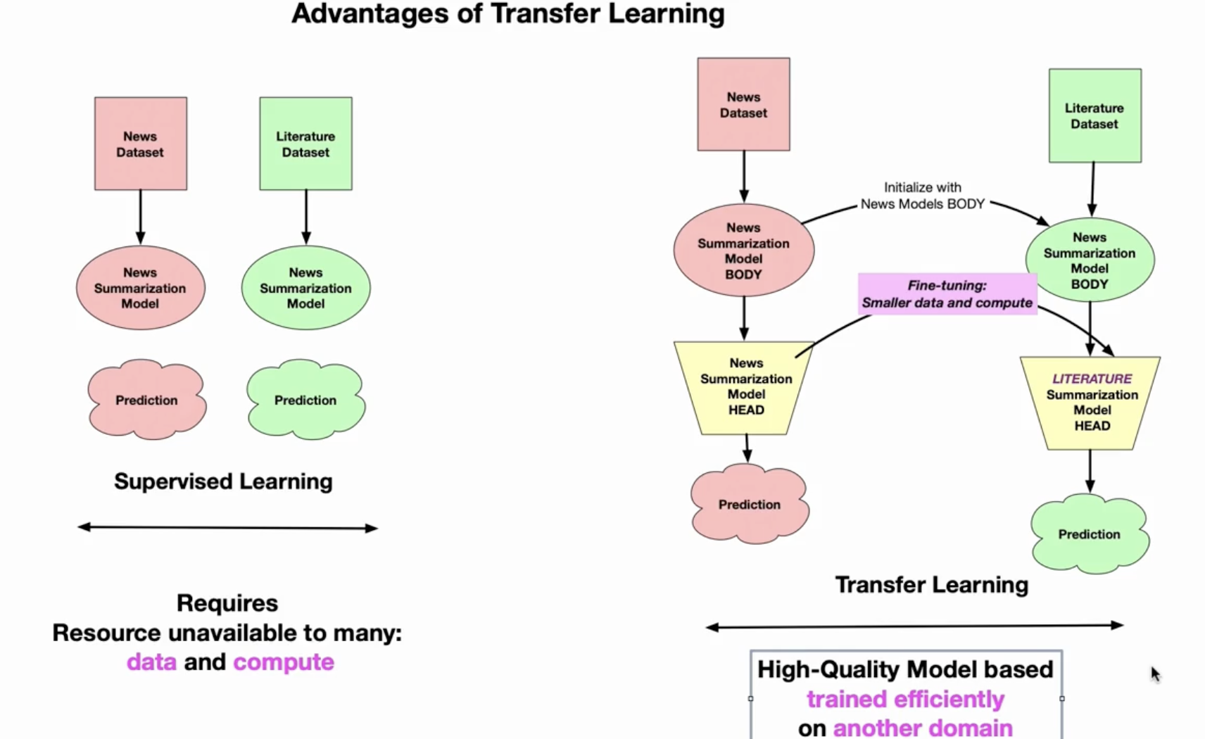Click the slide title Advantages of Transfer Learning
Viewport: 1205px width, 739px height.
click(x=507, y=14)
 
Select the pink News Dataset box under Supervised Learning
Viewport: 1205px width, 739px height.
click(x=141, y=144)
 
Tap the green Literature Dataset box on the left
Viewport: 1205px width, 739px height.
click(x=306, y=144)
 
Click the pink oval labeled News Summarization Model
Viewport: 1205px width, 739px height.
click(x=140, y=288)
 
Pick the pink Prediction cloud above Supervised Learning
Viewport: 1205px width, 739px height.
click(x=147, y=400)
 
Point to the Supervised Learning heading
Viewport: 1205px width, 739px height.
click(x=223, y=481)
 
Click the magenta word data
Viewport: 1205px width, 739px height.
click(x=152, y=662)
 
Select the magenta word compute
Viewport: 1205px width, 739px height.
click(x=284, y=663)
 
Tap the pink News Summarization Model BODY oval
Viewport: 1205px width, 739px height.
click(x=744, y=250)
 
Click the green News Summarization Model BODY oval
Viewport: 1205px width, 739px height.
click(x=1090, y=260)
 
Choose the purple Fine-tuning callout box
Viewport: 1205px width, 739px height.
click(x=947, y=293)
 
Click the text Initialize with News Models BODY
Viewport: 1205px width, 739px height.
click(x=923, y=196)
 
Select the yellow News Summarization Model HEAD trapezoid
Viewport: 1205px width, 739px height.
click(x=745, y=388)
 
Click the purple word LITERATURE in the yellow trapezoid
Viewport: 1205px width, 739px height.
click(x=1092, y=379)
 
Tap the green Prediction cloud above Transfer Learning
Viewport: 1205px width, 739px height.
click(x=1090, y=534)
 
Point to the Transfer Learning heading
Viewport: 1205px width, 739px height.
click(x=932, y=585)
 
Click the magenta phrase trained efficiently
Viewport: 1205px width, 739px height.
click(x=905, y=699)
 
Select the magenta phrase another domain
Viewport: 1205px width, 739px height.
click(x=923, y=728)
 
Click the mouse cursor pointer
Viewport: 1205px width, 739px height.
click(x=1156, y=674)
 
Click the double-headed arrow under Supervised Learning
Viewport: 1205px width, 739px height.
click(x=228, y=528)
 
